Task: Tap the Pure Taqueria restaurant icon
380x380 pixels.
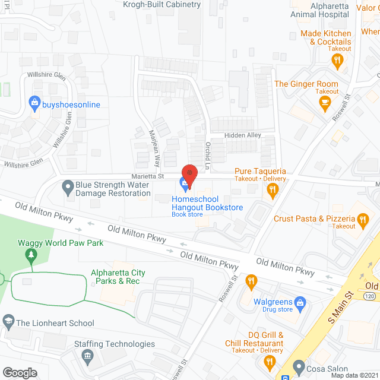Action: [273, 189]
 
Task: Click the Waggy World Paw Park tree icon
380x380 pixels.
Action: [31, 255]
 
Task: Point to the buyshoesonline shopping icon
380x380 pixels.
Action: [34, 104]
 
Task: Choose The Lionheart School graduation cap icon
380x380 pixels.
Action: [8, 322]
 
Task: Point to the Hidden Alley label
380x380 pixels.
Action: [242, 135]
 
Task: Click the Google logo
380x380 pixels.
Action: [20, 372]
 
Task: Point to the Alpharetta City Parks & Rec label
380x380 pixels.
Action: [118, 277]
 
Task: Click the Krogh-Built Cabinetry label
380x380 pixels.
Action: [161, 5]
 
